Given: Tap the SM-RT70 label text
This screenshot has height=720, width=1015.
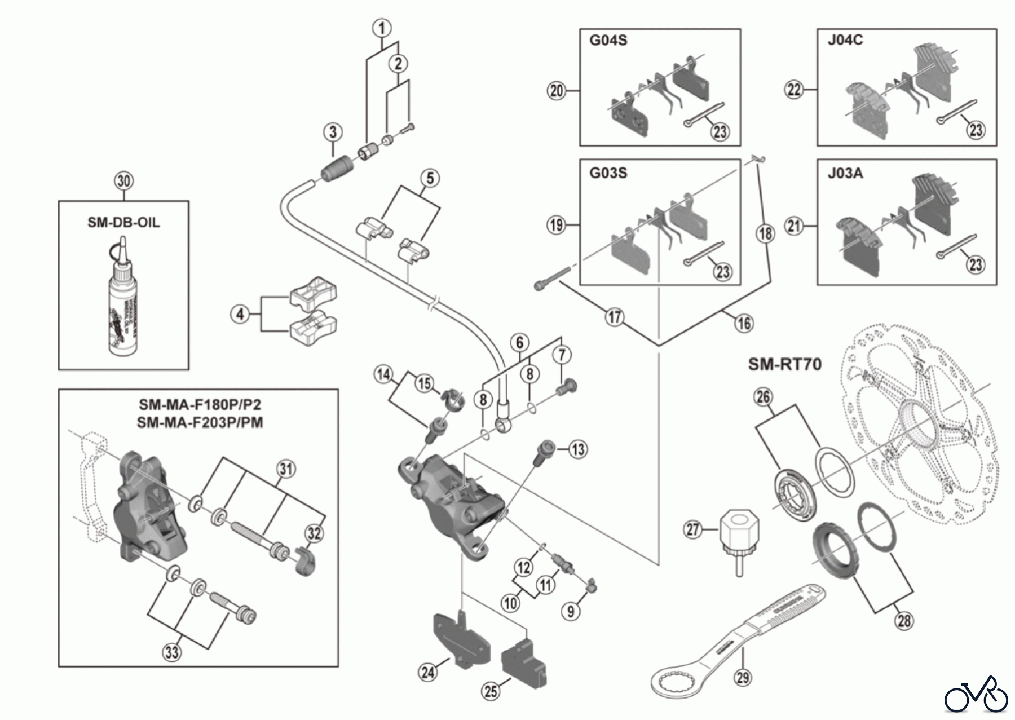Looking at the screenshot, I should pyautogui.click(x=784, y=364).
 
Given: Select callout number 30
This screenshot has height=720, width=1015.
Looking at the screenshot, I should pyautogui.click(x=124, y=181).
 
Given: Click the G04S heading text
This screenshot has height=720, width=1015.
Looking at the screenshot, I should pyautogui.click(x=608, y=41).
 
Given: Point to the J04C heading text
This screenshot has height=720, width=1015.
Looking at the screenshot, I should pyautogui.click(x=845, y=40).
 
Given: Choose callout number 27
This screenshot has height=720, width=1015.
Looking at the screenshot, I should pyautogui.click(x=692, y=529).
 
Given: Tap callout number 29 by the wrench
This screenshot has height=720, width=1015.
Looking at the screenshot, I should pyautogui.click(x=743, y=677).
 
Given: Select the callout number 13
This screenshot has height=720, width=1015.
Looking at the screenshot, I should pyautogui.click(x=578, y=449).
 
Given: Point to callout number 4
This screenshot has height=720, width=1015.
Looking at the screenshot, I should pyautogui.click(x=241, y=314).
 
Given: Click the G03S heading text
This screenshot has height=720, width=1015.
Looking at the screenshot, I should pyautogui.click(x=608, y=173).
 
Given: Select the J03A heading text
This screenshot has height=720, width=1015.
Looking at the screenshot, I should pyautogui.click(x=845, y=173).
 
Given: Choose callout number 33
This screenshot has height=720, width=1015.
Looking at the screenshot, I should pyautogui.click(x=172, y=653).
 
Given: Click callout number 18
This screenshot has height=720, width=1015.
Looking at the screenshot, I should pyautogui.click(x=765, y=233).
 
